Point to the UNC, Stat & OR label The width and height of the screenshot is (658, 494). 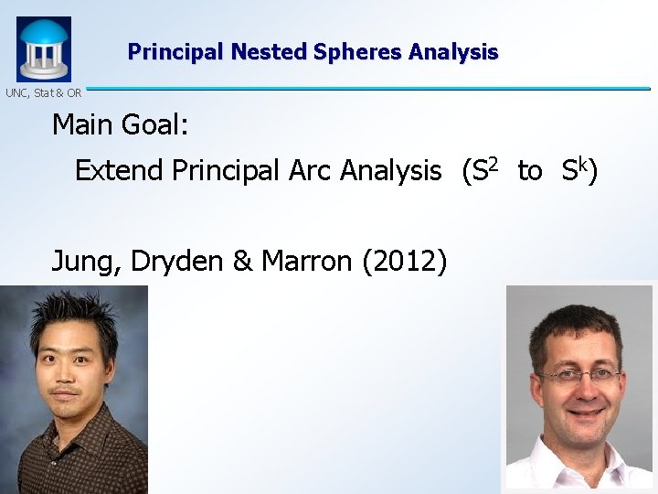coord(43,92)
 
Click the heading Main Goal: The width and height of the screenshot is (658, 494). coord(120,123)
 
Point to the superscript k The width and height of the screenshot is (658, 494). coord(581,164)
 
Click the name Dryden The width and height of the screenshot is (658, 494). coord(177,263)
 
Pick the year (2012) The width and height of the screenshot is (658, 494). coord(405,263)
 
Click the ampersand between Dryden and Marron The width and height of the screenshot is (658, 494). coord(242,262)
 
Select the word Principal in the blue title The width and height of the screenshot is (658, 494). coord(176,52)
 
